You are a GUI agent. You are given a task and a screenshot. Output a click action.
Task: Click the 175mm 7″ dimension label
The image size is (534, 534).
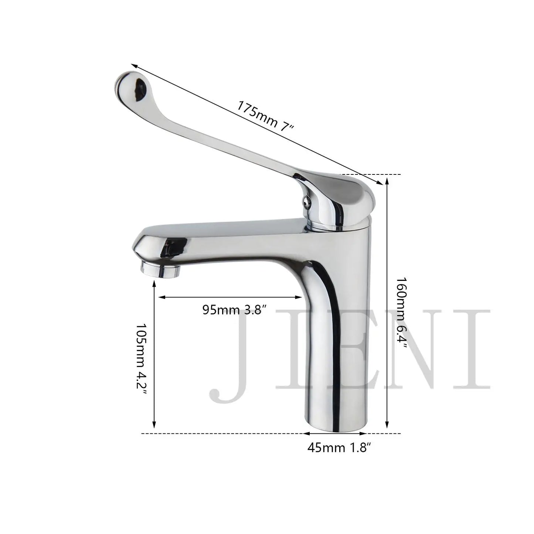(x=265, y=115)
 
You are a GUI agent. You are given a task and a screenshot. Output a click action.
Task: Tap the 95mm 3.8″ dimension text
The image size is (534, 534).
(x=234, y=310)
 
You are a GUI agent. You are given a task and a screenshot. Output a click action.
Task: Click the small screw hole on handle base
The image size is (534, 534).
(x=305, y=201)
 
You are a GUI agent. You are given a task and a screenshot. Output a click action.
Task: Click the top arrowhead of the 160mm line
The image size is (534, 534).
(x=387, y=180)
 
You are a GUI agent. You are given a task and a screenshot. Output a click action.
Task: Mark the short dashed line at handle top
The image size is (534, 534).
(x=370, y=174)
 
